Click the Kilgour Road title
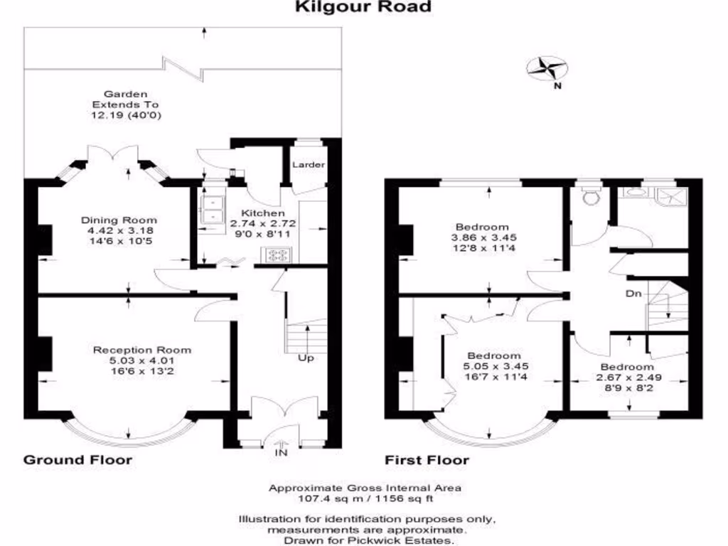tap(363, 8)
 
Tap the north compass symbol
tap(547, 68)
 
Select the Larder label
tap(309, 165)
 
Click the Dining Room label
tap(119, 220)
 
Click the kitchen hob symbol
tap(276, 254)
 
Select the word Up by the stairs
tap(306, 358)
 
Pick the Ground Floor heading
tap(78, 460)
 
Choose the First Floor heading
tap(427, 460)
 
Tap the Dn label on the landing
tap(634, 293)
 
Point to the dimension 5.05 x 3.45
tap(493, 367)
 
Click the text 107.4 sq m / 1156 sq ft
tap(365, 499)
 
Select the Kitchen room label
tap(263, 213)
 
